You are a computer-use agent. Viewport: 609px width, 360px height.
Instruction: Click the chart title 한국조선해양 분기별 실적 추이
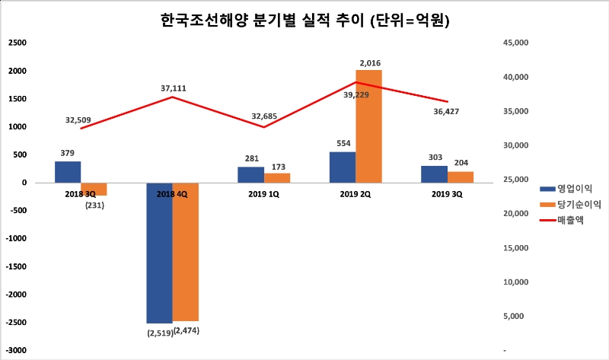pos(305,21)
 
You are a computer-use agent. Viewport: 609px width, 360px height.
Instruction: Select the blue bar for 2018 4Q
pos(159,253)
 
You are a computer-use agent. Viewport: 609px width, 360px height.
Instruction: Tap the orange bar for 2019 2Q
pos(368,126)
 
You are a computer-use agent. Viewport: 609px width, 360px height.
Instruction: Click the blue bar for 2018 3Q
pos(68,172)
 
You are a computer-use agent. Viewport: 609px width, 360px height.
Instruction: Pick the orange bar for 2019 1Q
pos(277,178)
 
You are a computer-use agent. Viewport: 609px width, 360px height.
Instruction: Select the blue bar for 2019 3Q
pos(435,174)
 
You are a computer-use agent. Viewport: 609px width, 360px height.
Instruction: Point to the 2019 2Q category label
pos(356,195)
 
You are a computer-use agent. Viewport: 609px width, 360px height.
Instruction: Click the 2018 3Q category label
pos(81,195)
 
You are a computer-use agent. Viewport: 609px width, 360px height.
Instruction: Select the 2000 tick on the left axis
pos(18,71)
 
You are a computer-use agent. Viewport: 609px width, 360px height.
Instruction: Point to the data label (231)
pos(95,203)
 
